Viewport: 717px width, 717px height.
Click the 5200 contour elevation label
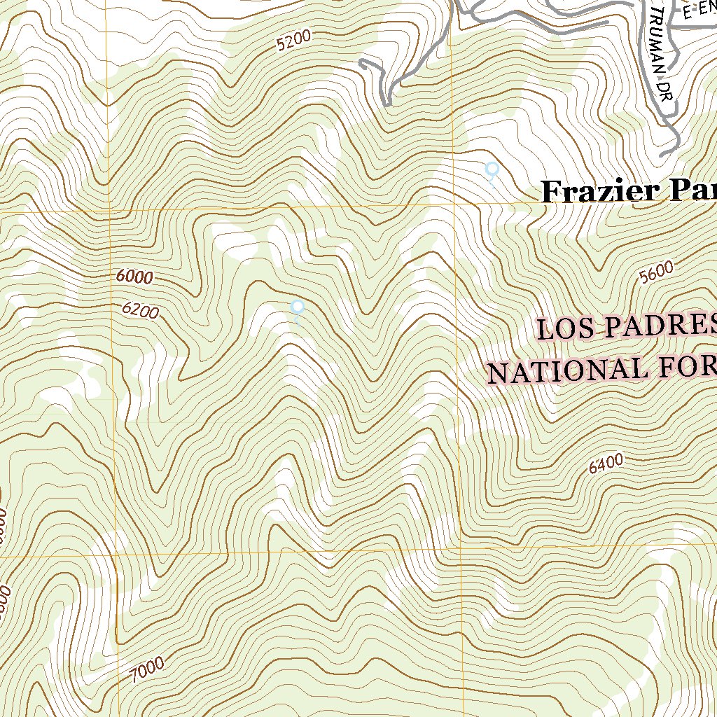pyautogui.click(x=293, y=42)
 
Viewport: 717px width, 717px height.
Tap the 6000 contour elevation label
pyautogui.click(x=134, y=277)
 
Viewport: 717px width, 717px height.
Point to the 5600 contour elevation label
pyautogui.click(x=656, y=272)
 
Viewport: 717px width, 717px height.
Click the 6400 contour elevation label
pyautogui.click(x=606, y=463)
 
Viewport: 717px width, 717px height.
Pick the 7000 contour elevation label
pyautogui.click(x=147, y=669)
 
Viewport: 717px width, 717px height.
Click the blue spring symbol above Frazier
pyautogui.click(x=492, y=169)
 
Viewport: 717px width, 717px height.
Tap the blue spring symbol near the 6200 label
pyautogui.click(x=297, y=307)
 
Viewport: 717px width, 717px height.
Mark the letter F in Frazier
pyautogui.click(x=553, y=190)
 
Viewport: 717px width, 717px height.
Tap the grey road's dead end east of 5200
pyautogui.click(x=362, y=63)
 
